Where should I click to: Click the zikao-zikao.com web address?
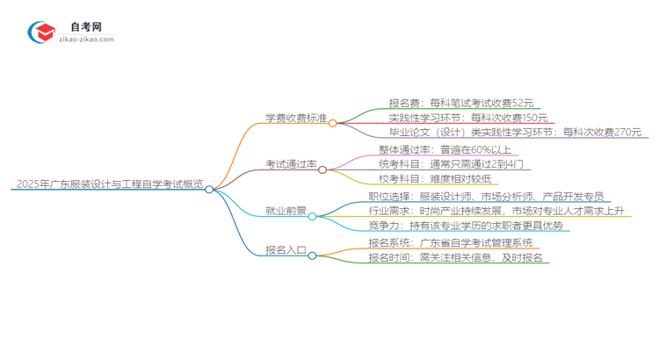point(85,40)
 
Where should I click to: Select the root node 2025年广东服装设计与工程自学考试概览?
point(109,185)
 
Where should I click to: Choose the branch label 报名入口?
point(285,250)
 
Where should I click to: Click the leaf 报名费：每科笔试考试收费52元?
point(460,102)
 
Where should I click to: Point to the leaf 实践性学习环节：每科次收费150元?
point(468,118)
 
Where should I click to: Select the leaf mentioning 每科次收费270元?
point(516,133)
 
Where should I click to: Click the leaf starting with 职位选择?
point(486,196)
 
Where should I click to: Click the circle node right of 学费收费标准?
point(333,123)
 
